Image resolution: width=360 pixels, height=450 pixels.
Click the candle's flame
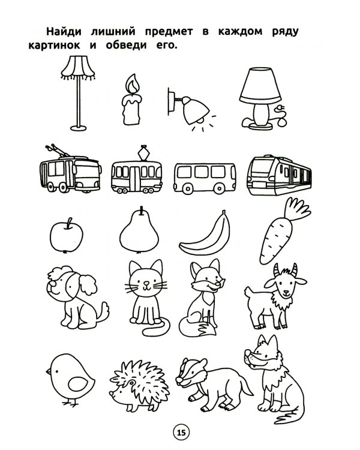133,83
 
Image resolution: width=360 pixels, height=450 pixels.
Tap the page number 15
181,432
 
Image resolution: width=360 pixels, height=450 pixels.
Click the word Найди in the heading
64,32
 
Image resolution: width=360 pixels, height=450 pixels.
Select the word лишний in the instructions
113,32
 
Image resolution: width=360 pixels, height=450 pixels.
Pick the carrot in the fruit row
281,232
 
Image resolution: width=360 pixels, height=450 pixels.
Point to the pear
139,232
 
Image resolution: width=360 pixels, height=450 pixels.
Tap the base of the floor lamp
79,128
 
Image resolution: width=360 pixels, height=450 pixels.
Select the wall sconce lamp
190,109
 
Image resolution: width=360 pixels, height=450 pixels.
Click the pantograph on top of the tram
143,152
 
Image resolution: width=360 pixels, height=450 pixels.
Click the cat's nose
146,283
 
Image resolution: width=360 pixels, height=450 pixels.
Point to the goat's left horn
277,270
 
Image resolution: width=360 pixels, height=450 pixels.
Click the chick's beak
49,371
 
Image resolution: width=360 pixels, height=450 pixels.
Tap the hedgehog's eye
131,383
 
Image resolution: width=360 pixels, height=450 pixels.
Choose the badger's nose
179,380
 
